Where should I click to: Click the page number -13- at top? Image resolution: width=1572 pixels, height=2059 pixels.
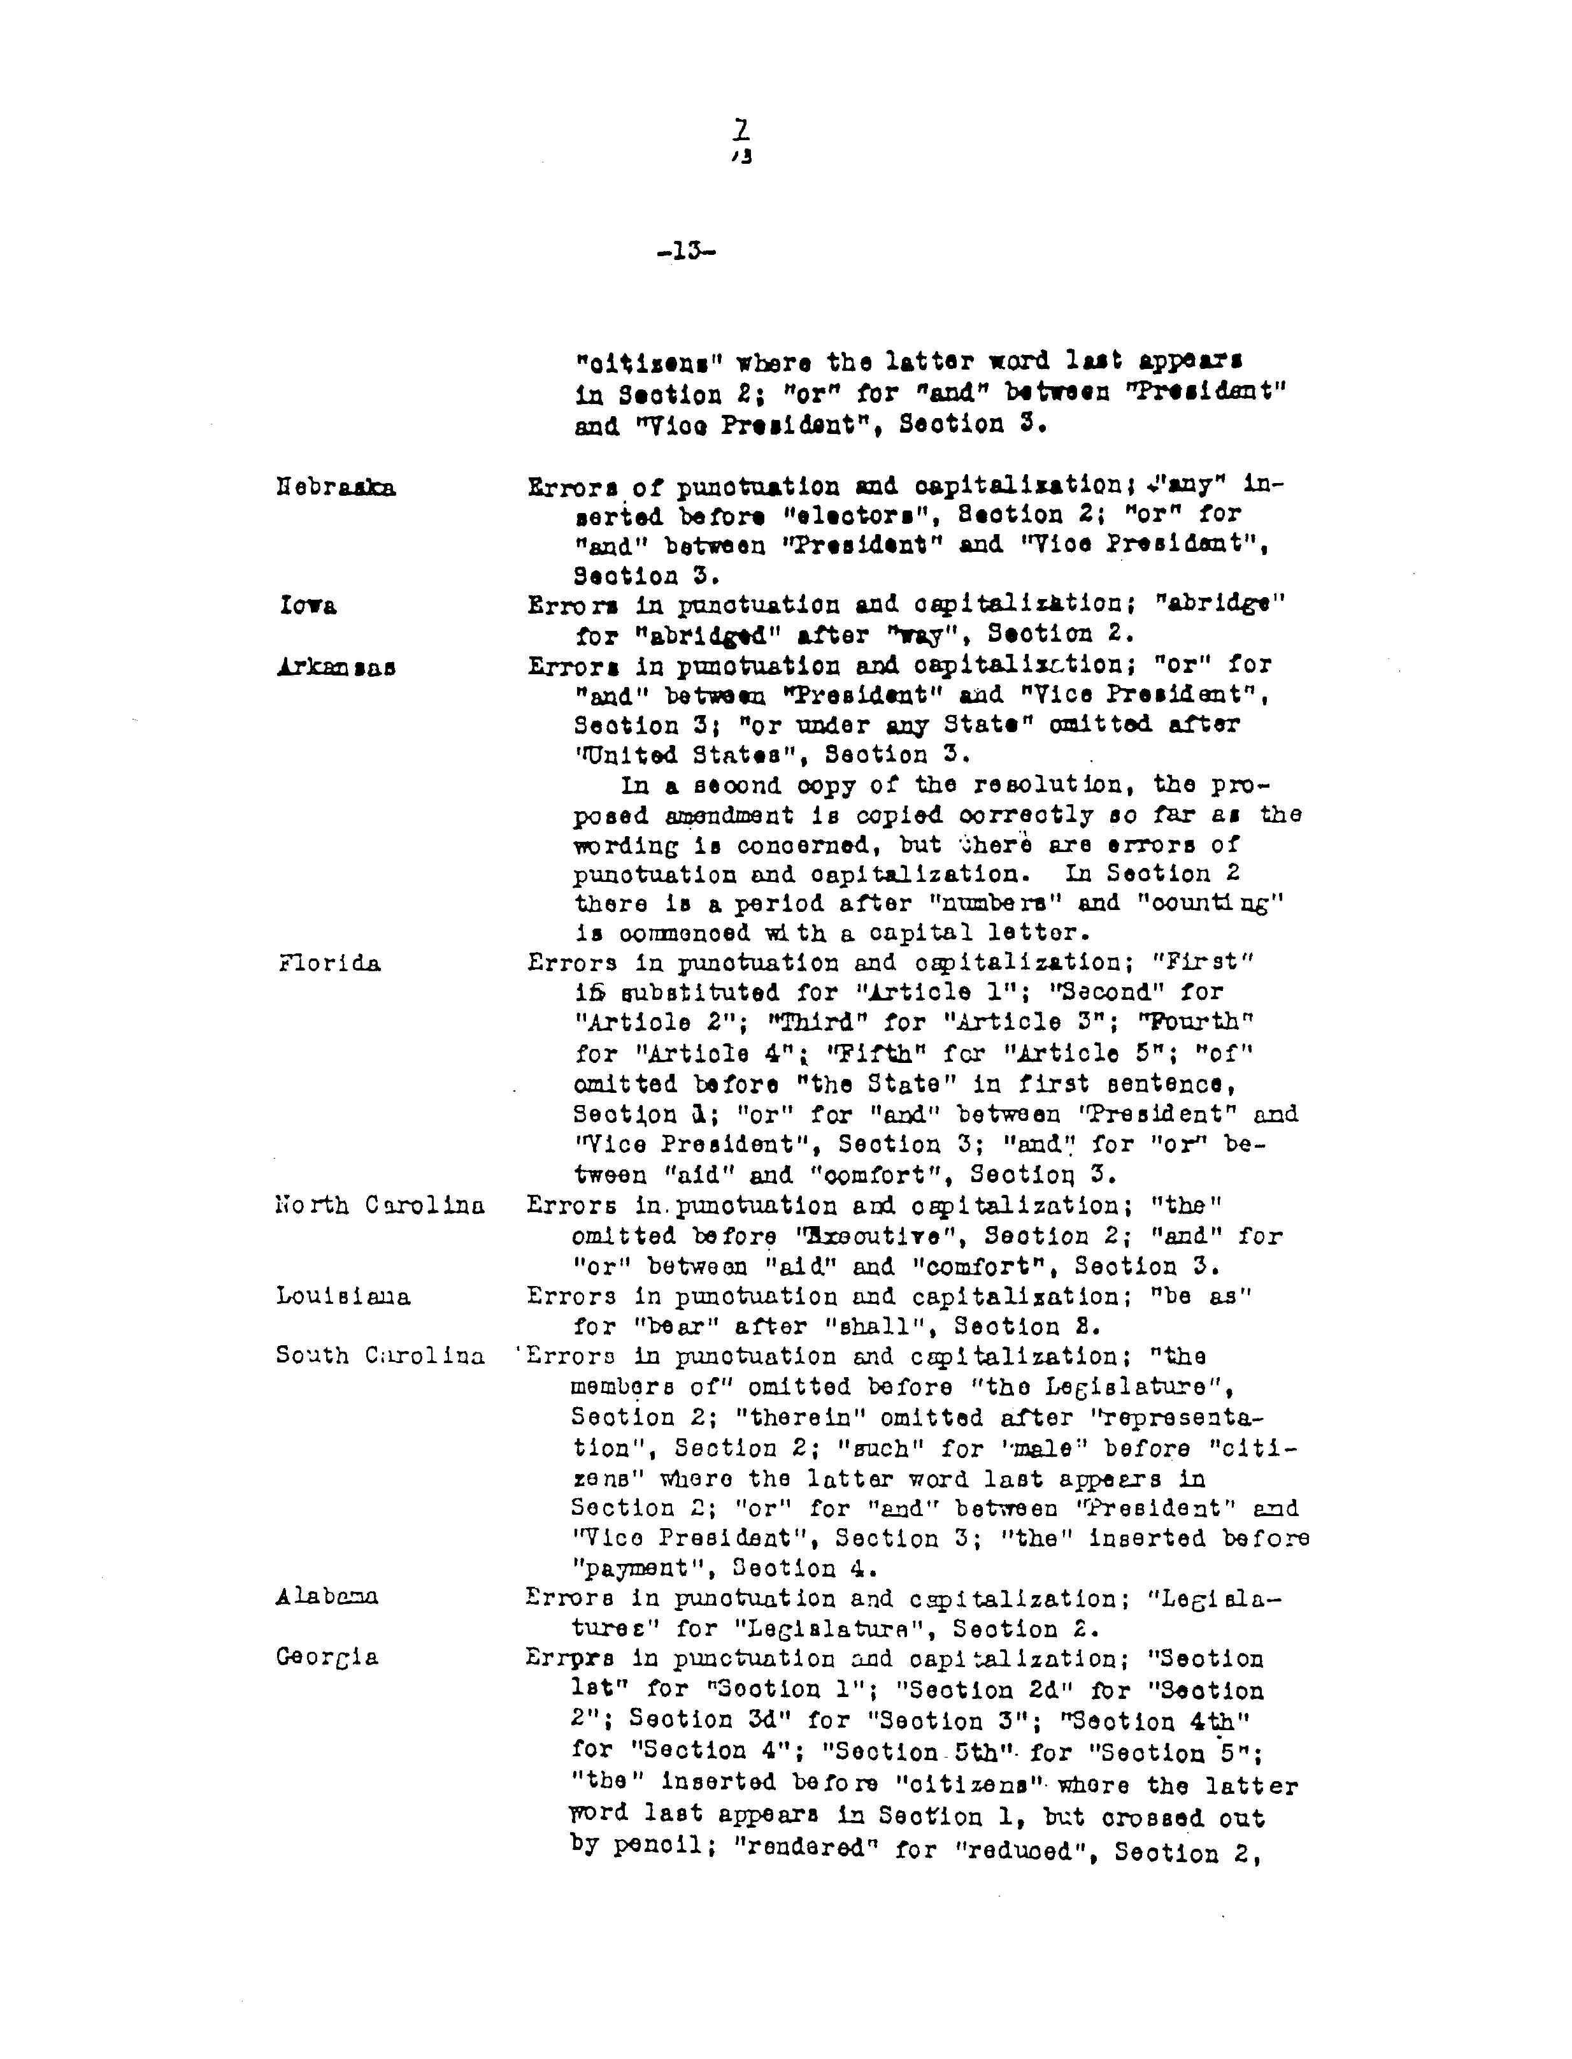(687, 252)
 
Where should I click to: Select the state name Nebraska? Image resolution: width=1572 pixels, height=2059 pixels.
(336, 488)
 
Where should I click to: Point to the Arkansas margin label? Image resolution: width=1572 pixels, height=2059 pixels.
(336, 667)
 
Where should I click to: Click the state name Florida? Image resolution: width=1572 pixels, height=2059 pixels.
(329, 963)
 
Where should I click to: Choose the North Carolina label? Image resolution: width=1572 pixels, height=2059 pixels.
(380, 1206)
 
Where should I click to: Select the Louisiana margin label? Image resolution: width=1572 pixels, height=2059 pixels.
(343, 1296)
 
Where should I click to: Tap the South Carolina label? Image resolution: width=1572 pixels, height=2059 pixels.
(380, 1355)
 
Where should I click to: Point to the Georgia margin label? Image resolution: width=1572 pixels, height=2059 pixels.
(327, 1658)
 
